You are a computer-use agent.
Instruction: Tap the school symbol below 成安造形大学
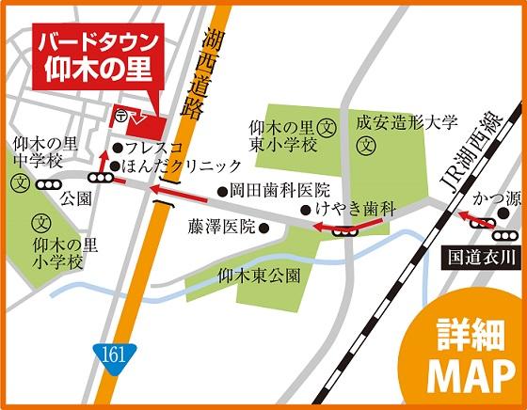click(367, 146)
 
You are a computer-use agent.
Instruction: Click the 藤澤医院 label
click(221, 227)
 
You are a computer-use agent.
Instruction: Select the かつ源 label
click(495, 199)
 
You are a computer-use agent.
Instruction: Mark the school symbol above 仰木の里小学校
click(41, 224)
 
